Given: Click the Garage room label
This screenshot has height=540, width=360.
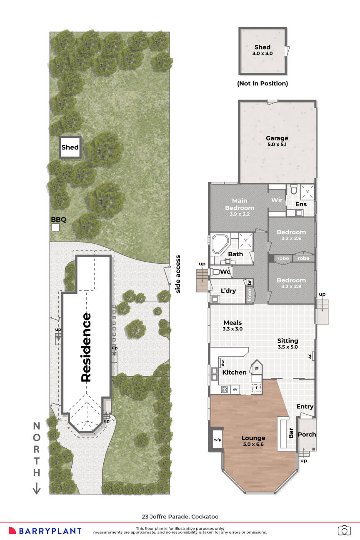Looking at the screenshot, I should (277, 138).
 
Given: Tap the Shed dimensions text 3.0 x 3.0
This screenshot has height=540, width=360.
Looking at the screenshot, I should (262, 54).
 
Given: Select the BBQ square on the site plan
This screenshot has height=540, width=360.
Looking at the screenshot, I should (55, 227).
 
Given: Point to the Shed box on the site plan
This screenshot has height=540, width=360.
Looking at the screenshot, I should (70, 147).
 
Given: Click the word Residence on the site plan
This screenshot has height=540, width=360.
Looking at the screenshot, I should (86, 347).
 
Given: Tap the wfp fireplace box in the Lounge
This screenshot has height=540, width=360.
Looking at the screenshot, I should (217, 440).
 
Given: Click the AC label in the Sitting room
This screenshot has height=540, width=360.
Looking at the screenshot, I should (310, 356).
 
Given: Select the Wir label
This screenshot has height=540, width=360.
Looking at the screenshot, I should (277, 200).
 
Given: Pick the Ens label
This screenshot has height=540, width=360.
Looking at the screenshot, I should (301, 205).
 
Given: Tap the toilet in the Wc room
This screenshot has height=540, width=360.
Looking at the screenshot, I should (215, 271).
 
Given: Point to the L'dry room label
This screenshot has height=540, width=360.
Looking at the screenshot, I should (228, 290).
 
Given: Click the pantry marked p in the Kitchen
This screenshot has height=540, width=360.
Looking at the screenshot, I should (256, 369).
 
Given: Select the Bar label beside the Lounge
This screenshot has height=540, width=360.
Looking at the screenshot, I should (291, 434).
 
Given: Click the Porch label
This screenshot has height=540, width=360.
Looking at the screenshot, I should (307, 434).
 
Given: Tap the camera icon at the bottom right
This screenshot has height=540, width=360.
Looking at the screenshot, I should (344, 530).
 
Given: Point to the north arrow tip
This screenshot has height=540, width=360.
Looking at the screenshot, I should (37, 493).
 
